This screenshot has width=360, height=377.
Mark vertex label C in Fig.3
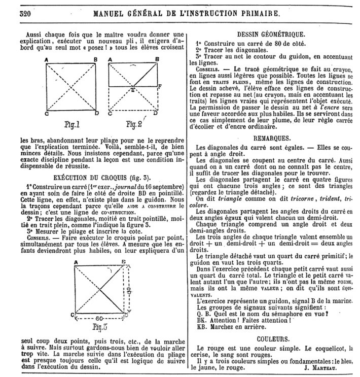74,316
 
